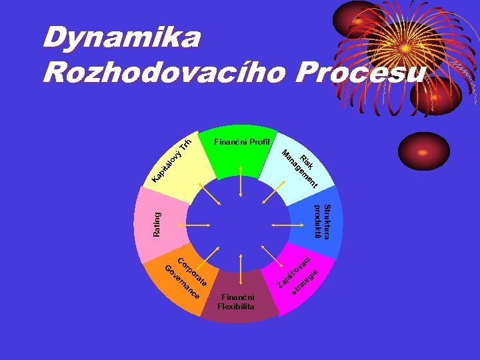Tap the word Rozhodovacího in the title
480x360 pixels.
tap(161, 73)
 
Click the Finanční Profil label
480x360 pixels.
tap(242, 142)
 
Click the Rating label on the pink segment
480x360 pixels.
tap(157, 224)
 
